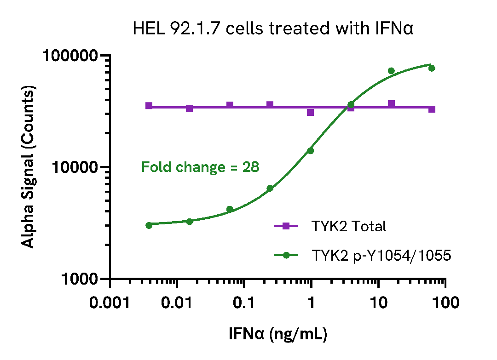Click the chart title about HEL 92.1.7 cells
click(273, 29)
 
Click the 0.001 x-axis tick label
click(110, 303)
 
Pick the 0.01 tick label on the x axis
click(177, 303)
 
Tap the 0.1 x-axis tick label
click(244, 303)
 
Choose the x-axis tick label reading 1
click(311, 303)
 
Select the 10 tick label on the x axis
click(378, 303)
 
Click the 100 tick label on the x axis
click(445, 303)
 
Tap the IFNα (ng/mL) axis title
click(278, 334)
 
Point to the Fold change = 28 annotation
click(200, 167)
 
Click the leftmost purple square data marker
click(149, 106)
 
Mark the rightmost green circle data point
click(432, 68)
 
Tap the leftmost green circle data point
click(149, 225)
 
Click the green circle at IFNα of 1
click(311, 150)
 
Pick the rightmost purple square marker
click(432, 109)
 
